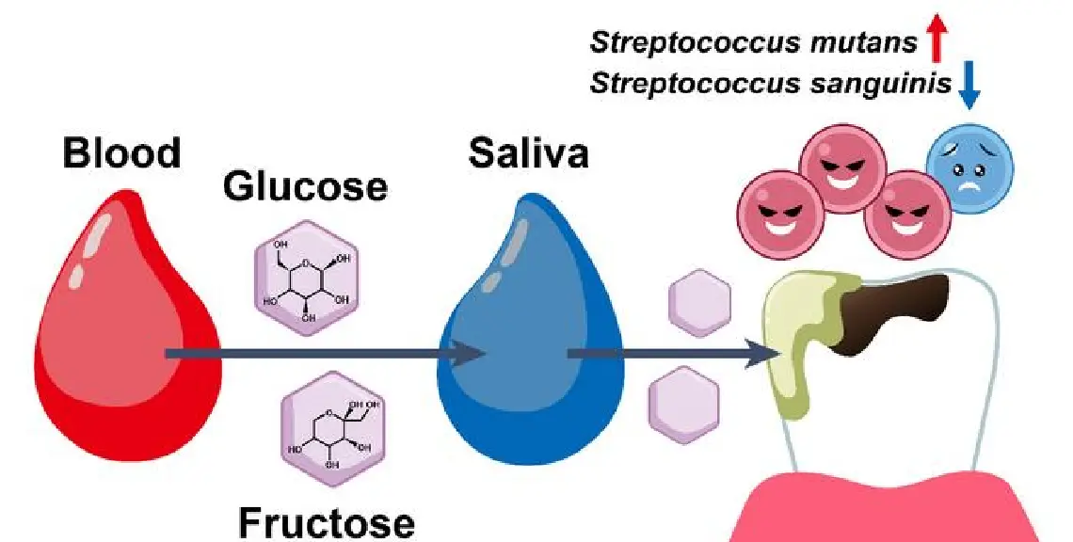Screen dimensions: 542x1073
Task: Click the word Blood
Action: [121, 152]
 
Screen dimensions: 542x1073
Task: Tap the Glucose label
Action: [305, 186]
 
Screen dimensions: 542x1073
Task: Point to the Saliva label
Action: [529, 152]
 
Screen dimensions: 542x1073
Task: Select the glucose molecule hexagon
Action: [303, 275]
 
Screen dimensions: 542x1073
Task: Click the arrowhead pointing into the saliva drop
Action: [471, 355]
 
